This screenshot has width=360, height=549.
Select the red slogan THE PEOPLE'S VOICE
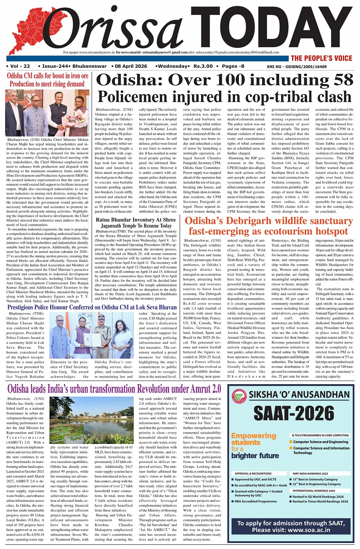coord(322,58)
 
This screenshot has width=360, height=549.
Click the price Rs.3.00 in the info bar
coord(203,66)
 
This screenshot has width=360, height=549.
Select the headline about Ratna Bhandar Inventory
coord(136,223)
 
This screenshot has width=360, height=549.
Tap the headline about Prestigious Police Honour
coord(92,307)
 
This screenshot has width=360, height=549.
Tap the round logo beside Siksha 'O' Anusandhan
coord(238,395)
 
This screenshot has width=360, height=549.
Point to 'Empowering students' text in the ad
coord(253,439)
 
